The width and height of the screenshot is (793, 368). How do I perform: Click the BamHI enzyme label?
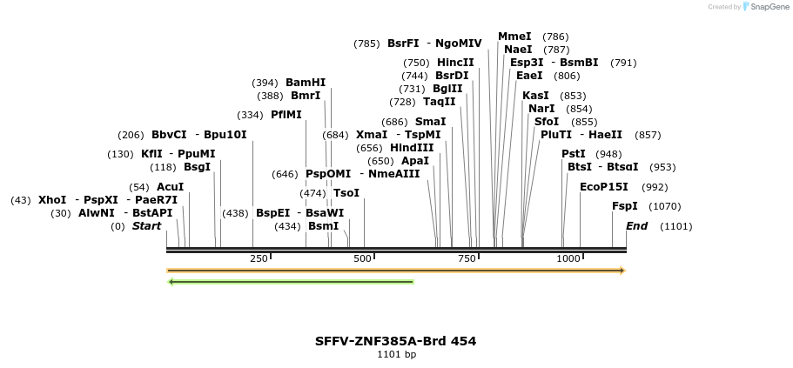click(305, 83)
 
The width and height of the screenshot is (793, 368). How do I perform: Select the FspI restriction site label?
click(625, 206)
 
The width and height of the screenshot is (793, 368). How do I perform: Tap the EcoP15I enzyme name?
click(604, 187)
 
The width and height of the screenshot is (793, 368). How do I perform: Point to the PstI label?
click(574, 154)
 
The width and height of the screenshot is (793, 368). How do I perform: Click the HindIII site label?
click(412, 148)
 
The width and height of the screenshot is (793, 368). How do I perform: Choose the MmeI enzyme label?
click(514, 37)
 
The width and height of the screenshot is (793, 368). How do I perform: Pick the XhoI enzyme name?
click(52, 200)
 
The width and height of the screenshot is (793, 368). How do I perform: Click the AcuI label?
click(170, 187)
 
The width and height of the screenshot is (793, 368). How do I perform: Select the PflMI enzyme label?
click(286, 115)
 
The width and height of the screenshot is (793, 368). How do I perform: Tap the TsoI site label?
click(346, 193)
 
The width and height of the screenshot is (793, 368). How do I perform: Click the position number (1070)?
click(667, 206)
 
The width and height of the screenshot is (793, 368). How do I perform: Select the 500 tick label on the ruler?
click(363, 258)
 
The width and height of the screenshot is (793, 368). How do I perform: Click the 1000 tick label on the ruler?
click(568, 258)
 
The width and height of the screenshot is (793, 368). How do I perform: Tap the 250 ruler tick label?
click(259, 258)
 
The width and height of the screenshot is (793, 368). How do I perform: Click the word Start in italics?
click(146, 226)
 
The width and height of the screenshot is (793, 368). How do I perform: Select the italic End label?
click(636, 226)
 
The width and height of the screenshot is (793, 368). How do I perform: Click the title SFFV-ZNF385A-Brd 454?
click(395, 340)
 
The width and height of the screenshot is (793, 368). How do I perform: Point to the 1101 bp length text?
click(396, 354)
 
